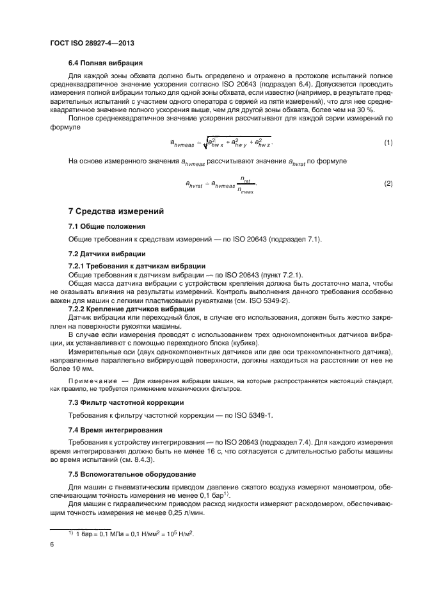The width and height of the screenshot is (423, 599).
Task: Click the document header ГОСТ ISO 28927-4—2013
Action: (x=88, y=42)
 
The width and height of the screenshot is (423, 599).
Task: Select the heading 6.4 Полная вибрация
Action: (x=105, y=63)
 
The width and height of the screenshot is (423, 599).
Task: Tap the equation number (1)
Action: (x=388, y=142)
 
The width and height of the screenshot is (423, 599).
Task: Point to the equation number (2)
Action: (x=388, y=184)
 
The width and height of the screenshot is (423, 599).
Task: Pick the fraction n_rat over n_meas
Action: (x=244, y=185)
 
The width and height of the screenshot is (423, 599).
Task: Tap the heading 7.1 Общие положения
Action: (x=107, y=226)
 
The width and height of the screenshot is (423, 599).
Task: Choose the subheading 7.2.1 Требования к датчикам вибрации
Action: (x=136, y=266)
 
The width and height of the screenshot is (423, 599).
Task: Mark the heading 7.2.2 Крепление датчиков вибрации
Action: (x=136, y=308)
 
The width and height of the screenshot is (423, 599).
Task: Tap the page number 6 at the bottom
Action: (x=52, y=543)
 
